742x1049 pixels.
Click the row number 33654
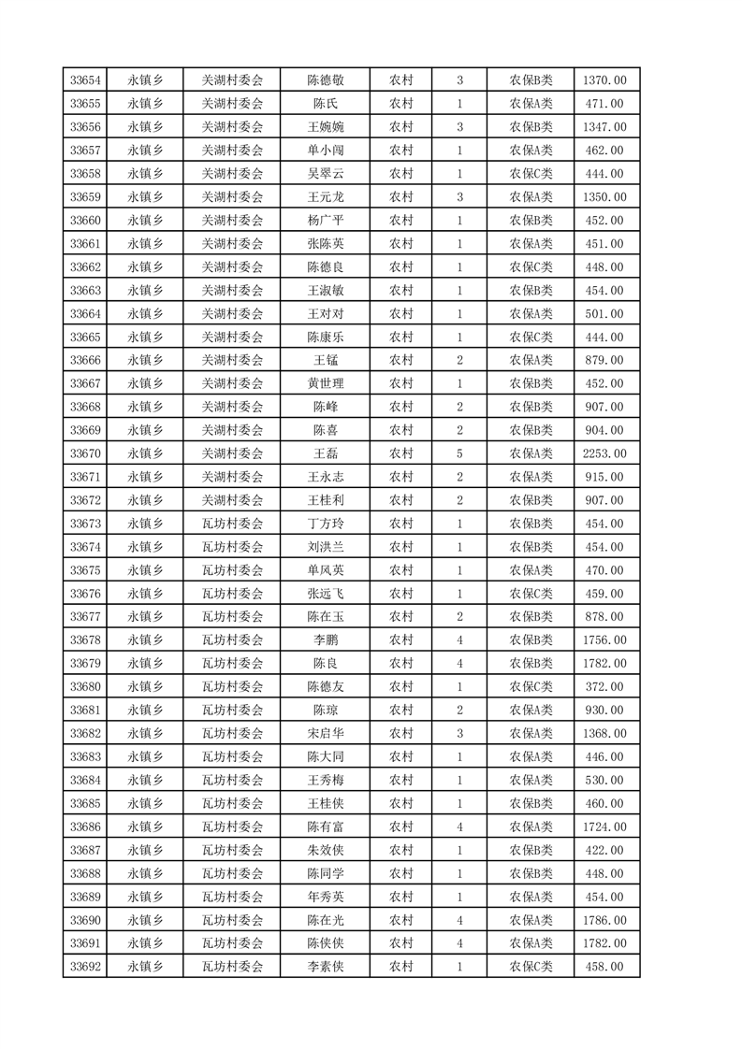pos(85,80)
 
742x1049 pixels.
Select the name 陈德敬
pos(326,80)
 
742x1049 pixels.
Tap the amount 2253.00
pos(604,453)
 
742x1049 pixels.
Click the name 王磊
pos(326,453)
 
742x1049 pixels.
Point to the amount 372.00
pos(604,687)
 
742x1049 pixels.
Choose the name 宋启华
pos(326,734)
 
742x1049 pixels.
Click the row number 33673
pos(85,524)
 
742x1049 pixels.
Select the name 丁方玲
pos(326,524)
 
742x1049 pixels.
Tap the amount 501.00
pos(604,314)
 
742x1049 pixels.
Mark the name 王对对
pos(326,314)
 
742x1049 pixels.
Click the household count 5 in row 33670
pos(459,453)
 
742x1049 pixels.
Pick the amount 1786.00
pos(604,920)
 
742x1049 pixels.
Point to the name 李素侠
pos(326,967)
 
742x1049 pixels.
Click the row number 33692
pos(85,967)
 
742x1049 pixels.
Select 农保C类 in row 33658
pos(531,174)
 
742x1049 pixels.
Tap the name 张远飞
pos(326,594)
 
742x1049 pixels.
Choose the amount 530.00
pos(604,780)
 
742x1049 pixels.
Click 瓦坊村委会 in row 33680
pos(233,687)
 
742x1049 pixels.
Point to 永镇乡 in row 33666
pos(145,361)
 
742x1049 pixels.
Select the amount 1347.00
pos(604,127)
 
